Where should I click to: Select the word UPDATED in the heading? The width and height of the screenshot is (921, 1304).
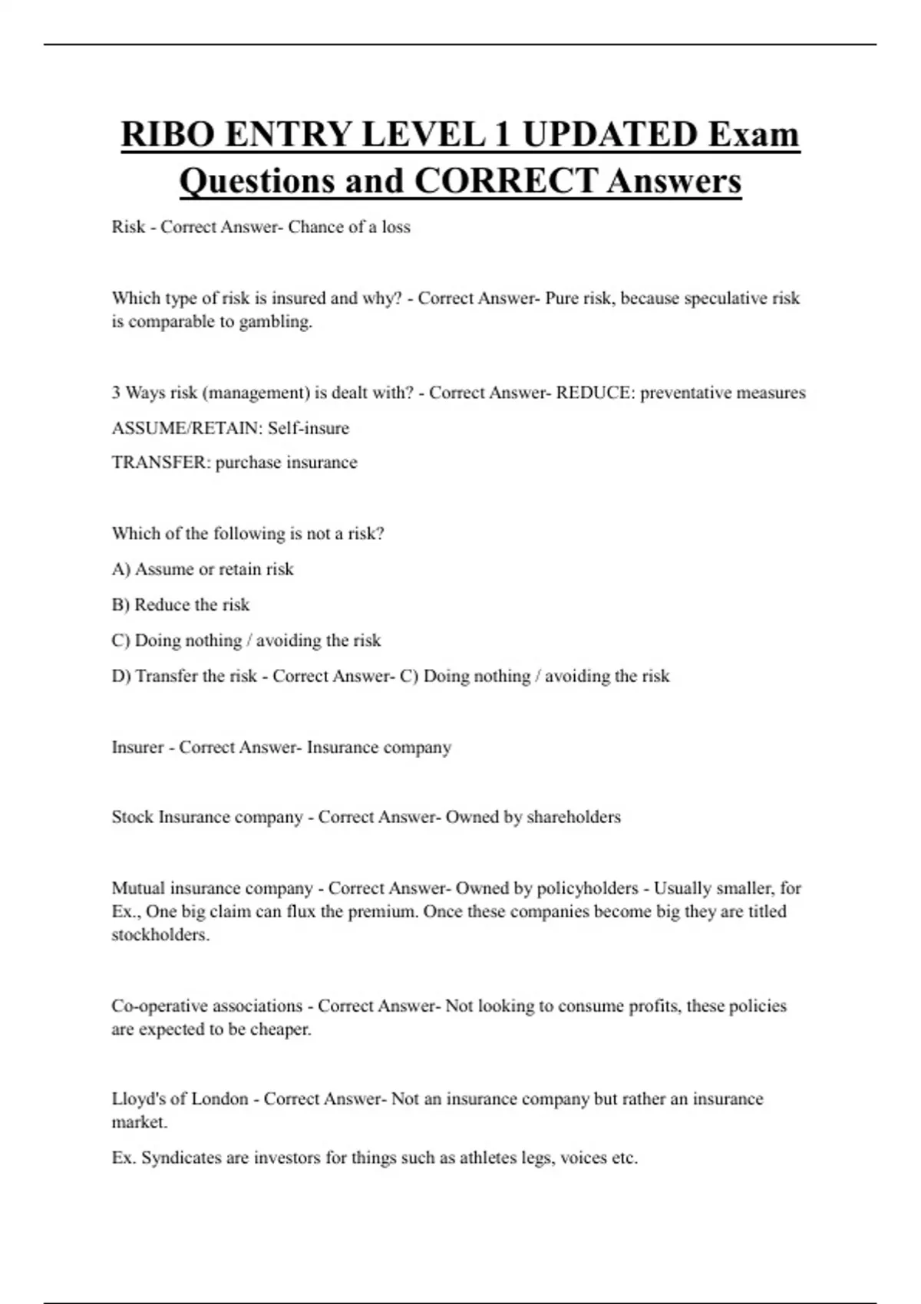pos(610,134)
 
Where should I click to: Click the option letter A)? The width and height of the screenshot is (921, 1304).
pos(121,569)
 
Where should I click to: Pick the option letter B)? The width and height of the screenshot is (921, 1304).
pos(120,604)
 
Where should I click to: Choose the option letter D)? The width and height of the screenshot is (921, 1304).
pos(121,676)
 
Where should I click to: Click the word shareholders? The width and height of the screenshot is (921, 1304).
pos(573,817)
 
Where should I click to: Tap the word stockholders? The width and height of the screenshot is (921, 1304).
pos(160,935)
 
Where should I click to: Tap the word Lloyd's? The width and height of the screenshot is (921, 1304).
pos(137,1099)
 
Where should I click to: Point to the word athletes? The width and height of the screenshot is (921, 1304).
pos(488,1157)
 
